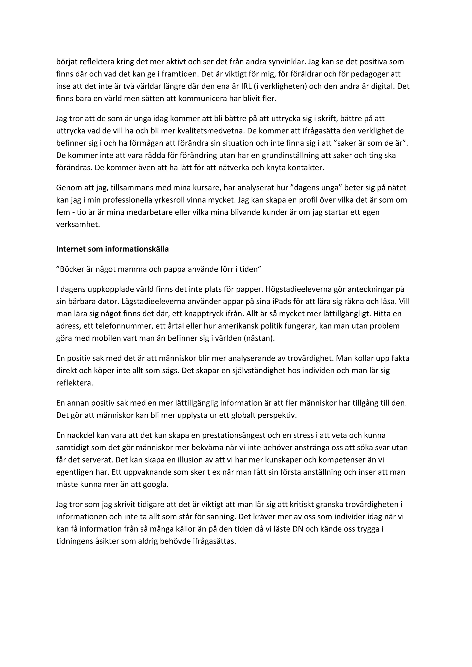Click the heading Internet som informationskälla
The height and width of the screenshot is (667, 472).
[112, 249]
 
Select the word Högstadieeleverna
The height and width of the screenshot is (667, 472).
[298, 289]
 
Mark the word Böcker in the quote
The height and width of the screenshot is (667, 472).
[71, 269]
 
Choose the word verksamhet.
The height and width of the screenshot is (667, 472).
[78, 225]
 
